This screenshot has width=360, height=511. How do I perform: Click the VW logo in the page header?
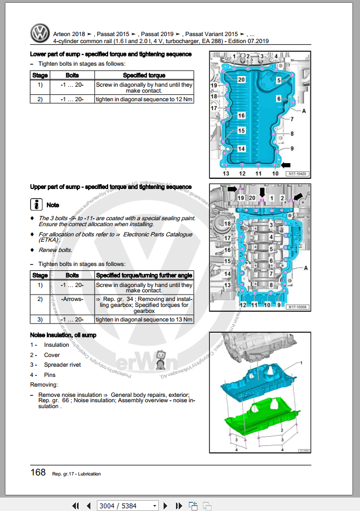(x=39, y=34)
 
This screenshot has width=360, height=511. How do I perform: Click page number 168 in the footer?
(x=38, y=472)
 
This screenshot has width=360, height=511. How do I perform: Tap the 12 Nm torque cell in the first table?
(x=144, y=99)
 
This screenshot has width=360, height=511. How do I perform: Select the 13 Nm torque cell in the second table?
(x=144, y=319)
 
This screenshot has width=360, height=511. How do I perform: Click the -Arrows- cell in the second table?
(x=72, y=299)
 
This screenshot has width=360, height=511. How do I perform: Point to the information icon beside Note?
(x=36, y=205)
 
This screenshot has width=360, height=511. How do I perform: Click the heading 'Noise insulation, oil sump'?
(x=63, y=335)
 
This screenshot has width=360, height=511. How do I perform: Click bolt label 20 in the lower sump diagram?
(x=241, y=80)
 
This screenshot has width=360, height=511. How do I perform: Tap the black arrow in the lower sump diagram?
(x=285, y=164)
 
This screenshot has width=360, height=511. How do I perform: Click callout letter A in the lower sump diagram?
(x=304, y=110)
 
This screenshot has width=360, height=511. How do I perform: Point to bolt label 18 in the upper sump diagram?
(x=227, y=223)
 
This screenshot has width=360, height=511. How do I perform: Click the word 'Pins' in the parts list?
(x=50, y=375)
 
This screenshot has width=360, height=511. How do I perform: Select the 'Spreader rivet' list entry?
(x=59, y=365)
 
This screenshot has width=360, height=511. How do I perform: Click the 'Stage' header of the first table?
(x=40, y=75)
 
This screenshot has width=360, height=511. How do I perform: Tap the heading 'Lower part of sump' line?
(x=110, y=54)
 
